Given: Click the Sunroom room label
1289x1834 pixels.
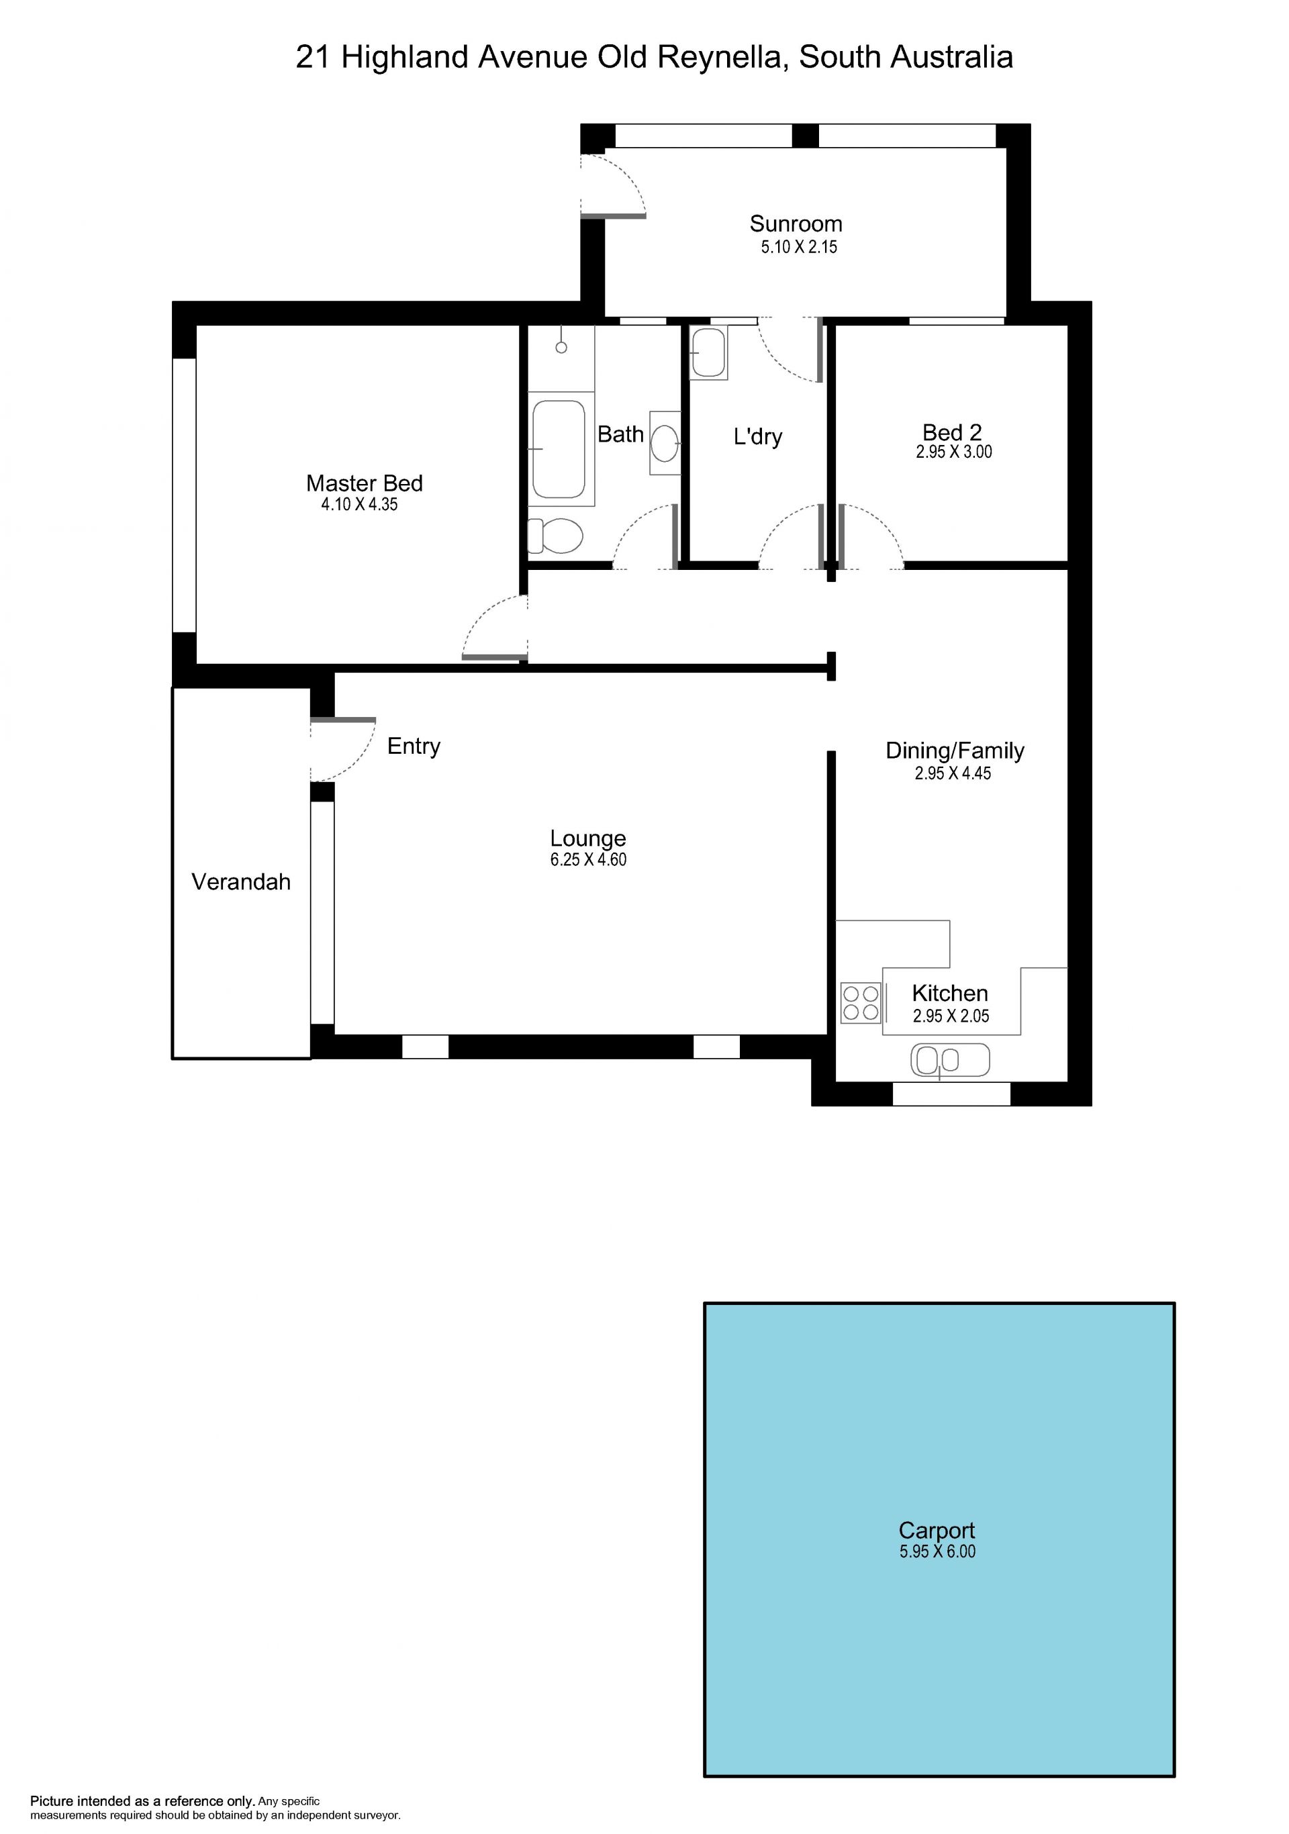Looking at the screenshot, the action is pos(796,224).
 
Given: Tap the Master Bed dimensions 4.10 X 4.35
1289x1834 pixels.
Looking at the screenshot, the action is pos(359,504).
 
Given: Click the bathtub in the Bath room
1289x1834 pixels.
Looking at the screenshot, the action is pos(559,449).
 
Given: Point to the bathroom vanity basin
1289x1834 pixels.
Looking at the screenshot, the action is pos(665,442).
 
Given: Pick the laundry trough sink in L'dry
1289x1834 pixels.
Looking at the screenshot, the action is pos(708,352).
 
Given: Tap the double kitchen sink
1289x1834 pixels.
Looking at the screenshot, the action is pos(949,1060).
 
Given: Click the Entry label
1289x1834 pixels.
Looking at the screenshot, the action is pos(414,746).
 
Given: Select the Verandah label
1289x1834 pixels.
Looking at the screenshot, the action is pos(241,882).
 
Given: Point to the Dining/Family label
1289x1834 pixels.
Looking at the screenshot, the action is pos(955,751).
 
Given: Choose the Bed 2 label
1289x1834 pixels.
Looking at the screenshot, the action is pos(952,432).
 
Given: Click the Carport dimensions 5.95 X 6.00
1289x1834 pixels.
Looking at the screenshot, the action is pos(938,1551).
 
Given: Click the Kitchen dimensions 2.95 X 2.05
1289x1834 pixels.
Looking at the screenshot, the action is pos(951,1016).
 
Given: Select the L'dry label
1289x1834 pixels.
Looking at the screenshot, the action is pos(758,437).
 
